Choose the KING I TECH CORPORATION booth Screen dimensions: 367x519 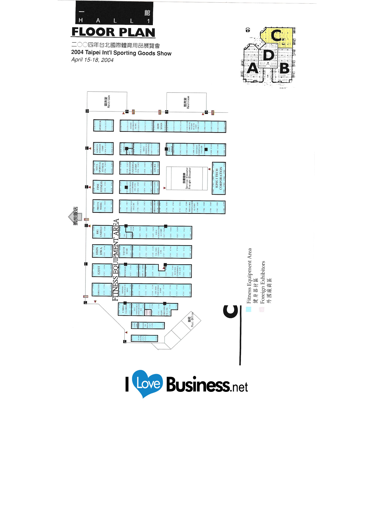coord(219,178)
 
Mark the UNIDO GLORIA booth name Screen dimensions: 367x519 coord(125,309)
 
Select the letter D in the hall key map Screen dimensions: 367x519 coord(268,56)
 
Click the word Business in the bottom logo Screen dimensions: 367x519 coord(198,385)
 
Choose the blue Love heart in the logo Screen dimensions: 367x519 coord(147,383)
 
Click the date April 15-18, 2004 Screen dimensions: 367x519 coord(92,60)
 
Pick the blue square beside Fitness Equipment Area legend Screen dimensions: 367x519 coord(249,309)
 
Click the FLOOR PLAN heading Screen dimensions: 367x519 coord(113,32)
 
